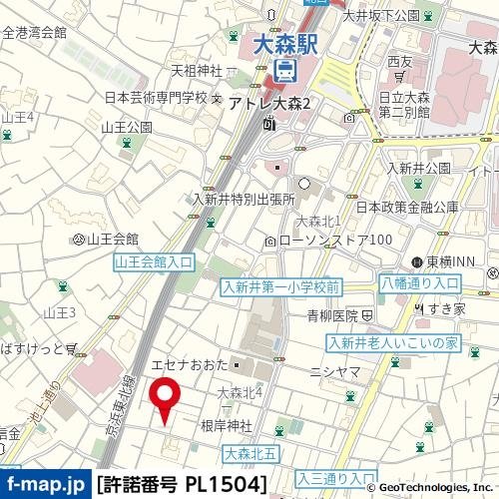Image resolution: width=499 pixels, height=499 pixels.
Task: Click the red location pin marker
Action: tap(165, 400)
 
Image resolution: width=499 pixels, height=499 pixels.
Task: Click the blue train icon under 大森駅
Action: tap(284, 70)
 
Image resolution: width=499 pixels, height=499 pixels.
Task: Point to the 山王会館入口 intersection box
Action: tap(154, 260)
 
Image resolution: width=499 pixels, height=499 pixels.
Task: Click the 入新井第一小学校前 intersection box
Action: tap(281, 286)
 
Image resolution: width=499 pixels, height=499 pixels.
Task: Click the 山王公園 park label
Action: tap(126, 127)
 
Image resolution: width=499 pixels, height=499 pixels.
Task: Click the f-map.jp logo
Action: tap(44, 485)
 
